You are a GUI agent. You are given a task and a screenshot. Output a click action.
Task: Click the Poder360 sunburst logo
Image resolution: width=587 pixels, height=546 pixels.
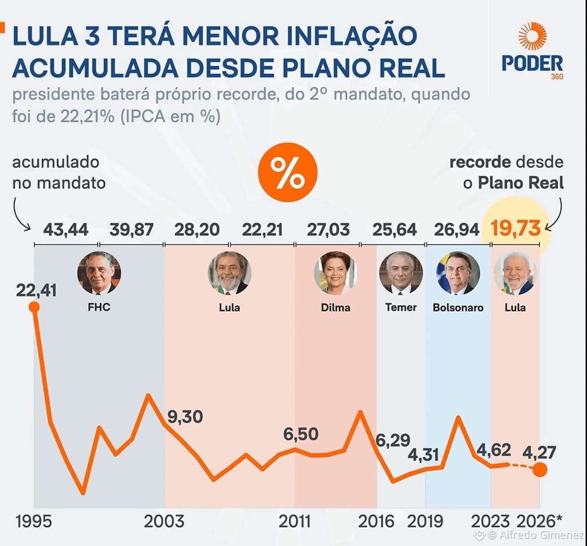coord(532,36)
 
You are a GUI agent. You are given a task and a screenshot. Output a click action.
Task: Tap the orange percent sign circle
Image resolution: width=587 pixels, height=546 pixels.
coord(287,172)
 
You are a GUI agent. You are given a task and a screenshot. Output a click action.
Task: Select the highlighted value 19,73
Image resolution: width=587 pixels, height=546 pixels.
coord(515,228)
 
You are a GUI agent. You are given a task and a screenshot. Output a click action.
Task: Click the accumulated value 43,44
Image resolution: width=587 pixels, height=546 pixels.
coord(66,230)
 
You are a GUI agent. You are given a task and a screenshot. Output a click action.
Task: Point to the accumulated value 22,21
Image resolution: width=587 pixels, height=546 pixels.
coord(262,230)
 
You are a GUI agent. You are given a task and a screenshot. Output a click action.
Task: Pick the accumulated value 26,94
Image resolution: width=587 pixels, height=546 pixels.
coord(457,230)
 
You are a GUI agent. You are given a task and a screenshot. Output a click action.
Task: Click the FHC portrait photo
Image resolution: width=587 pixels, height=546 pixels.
coord(99,273)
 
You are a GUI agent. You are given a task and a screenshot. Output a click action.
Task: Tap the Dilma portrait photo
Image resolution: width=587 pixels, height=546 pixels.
coord(335,273)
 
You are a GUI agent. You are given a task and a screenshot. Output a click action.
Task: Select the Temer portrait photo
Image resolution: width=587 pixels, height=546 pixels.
coord(401,273)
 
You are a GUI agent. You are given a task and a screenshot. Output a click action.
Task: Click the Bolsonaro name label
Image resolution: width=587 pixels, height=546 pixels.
coord(458,307)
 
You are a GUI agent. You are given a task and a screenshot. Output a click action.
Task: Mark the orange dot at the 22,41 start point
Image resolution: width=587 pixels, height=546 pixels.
coord(34,307)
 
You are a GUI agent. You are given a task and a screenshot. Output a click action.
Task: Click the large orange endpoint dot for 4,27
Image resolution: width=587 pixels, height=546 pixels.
coord(540,469)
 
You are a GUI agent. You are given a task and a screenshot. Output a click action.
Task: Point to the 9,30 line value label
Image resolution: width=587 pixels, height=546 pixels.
coord(185,417)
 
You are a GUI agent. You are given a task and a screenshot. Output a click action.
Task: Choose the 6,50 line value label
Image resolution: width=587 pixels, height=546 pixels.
coord(301,434)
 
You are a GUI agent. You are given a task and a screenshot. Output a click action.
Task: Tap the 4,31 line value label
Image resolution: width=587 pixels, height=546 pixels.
coord(423,455)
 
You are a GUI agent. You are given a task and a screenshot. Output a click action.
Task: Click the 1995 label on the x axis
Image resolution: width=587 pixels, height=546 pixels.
coord(34,521)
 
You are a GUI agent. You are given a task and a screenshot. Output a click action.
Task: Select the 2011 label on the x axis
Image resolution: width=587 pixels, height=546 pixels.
coord(294,521)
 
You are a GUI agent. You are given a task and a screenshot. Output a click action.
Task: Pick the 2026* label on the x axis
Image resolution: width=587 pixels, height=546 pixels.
coord(539,521)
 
